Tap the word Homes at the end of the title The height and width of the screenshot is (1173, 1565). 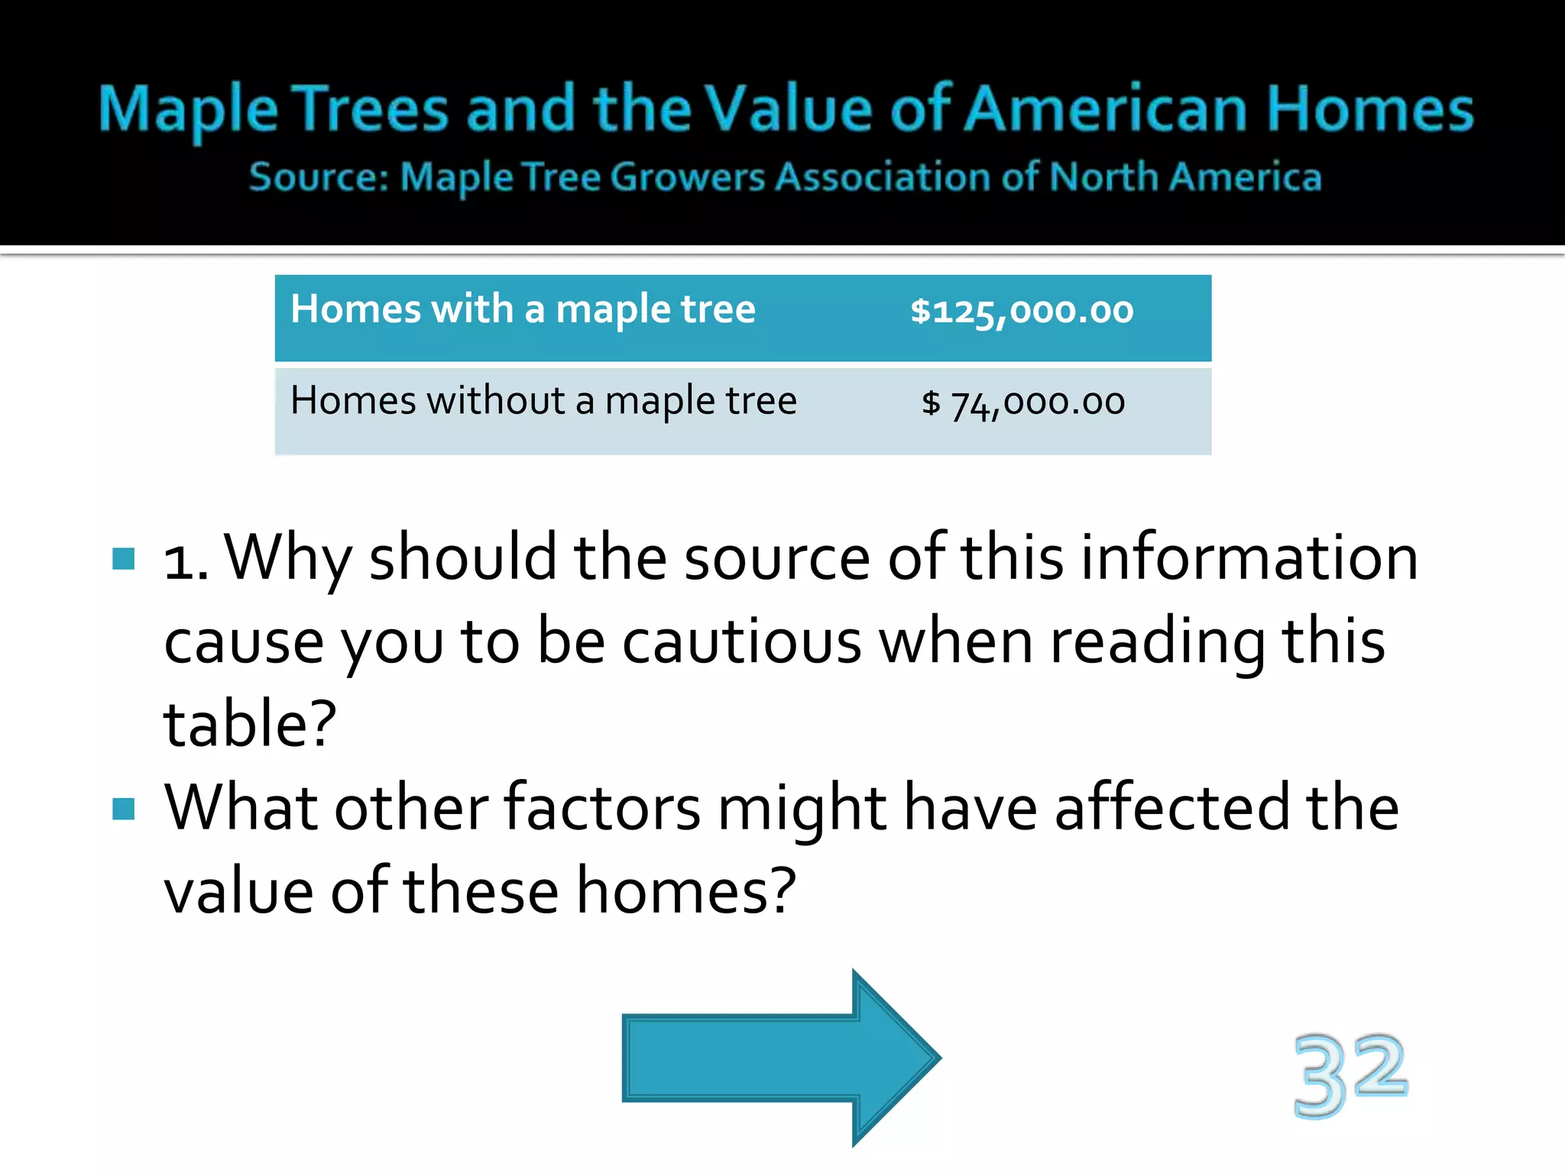[1369, 109]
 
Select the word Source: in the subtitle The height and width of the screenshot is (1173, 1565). [319, 178]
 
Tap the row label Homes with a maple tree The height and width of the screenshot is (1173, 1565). [523, 310]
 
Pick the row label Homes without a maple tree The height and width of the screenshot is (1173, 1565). [543, 402]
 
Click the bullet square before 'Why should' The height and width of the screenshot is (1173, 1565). [123, 559]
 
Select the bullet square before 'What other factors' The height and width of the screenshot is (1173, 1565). [123, 808]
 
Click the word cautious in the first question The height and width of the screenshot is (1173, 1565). [741, 641]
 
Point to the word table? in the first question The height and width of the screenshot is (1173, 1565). [250, 724]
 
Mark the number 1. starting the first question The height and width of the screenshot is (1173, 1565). [186, 559]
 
